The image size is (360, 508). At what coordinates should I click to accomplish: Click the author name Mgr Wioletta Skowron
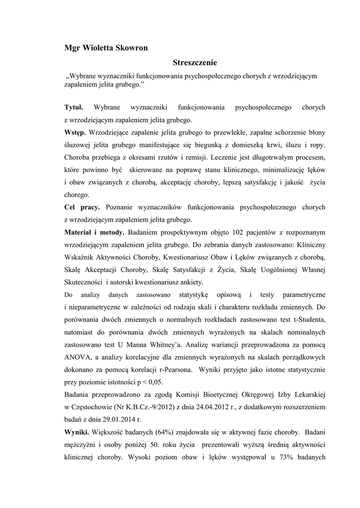click(x=106, y=48)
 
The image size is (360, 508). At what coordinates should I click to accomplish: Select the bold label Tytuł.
click(x=74, y=107)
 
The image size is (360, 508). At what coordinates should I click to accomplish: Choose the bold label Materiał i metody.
click(x=94, y=232)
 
